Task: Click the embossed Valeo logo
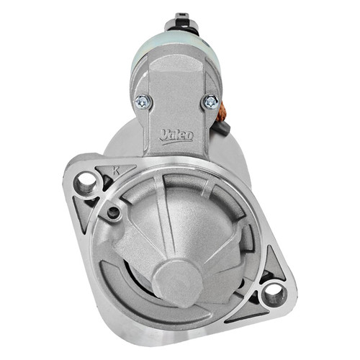pyautogui.click(x=176, y=137)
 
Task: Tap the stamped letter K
pyautogui.click(x=116, y=171)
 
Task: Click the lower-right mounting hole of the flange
pyautogui.click(x=274, y=295)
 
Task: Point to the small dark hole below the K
pyautogui.click(x=113, y=212)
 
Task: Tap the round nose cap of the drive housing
pyautogui.click(x=178, y=284)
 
